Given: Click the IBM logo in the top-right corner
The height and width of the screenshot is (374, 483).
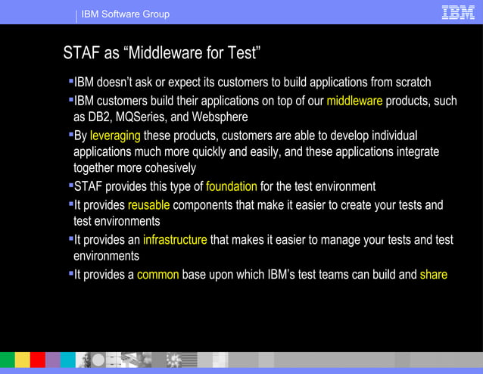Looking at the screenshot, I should (x=457, y=12).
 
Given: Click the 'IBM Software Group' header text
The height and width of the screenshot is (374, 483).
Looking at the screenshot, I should (x=125, y=14).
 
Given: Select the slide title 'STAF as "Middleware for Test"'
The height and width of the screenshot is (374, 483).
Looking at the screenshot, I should (x=162, y=53).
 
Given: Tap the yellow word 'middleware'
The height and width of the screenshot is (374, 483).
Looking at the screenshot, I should (x=354, y=101).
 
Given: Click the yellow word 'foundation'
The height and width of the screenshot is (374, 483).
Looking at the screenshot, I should (x=231, y=186).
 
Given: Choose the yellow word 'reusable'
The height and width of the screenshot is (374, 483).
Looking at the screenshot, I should (x=148, y=205).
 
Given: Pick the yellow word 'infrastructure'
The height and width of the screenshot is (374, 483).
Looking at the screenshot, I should (x=175, y=239).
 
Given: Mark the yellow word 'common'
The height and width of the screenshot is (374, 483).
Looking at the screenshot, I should (x=157, y=274).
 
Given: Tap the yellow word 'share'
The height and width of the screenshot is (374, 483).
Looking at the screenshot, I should (x=433, y=274).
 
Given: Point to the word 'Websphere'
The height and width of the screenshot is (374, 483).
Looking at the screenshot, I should (x=221, y=117).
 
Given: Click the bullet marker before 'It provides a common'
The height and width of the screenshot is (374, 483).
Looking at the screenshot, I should (x=70, y=272).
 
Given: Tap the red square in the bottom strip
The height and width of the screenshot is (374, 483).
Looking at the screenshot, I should (x=37, y=360).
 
